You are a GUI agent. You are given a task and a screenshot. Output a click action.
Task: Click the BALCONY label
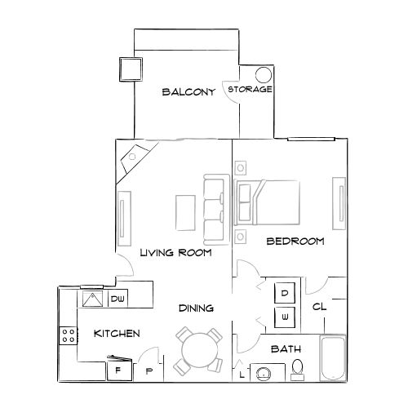(188, 92)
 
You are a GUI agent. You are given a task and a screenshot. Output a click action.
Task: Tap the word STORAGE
(250, 89)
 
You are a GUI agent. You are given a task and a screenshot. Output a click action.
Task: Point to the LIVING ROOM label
(175, 253)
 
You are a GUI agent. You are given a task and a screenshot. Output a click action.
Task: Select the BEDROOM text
(296, 242)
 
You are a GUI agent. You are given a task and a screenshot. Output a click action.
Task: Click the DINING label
(197, 308)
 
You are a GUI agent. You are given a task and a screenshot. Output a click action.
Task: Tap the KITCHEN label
(117, 334)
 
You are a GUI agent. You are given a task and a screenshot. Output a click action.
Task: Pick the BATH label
(286, 349)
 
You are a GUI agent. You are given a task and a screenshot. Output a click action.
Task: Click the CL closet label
(319, 308)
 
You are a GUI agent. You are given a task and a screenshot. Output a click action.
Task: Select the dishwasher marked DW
(117, 299)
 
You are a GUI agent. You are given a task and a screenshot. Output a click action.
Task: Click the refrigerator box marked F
(118, 370)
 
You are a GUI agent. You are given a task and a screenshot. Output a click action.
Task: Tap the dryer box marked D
(286, 292)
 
